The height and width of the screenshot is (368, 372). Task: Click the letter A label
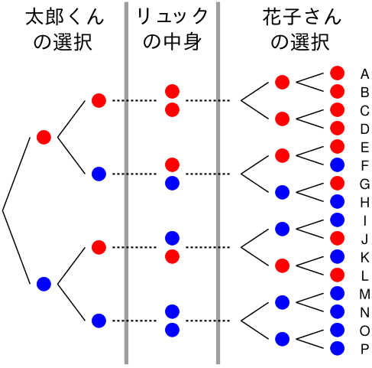(x=364, y=74)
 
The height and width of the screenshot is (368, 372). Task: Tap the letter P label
(x=364, y=349)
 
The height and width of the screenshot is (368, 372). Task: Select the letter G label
(x=364, y=184)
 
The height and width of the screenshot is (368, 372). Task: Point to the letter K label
(x=364, y=258)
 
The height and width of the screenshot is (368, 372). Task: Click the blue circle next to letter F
(x=337, y=164)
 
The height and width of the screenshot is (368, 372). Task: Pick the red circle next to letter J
(x=337, y=238)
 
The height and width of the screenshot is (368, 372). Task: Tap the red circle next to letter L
(x=337, y=275)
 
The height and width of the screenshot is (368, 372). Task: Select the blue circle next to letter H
(x=337, y=201)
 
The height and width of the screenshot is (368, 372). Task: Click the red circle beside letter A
(x=337, y=73)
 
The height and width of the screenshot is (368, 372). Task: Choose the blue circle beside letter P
(x=337, y=348)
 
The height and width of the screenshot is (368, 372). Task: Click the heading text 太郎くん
(x=65, y=17)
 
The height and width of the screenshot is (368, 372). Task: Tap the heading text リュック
(x=173, y=16)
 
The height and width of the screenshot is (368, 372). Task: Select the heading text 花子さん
(x=302, y=17)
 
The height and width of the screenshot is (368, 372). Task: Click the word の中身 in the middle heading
(x=173, y=41)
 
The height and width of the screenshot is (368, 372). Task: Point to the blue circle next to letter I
(x=337, y=220)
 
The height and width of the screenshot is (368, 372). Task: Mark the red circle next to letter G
(x=337, y=183)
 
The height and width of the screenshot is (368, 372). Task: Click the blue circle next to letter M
(x=337, y=293)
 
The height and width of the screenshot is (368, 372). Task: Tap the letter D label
(x=364, y=129)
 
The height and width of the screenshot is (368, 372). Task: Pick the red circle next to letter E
(x=337, y=146)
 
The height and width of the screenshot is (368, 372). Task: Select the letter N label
(x=364, y=312)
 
